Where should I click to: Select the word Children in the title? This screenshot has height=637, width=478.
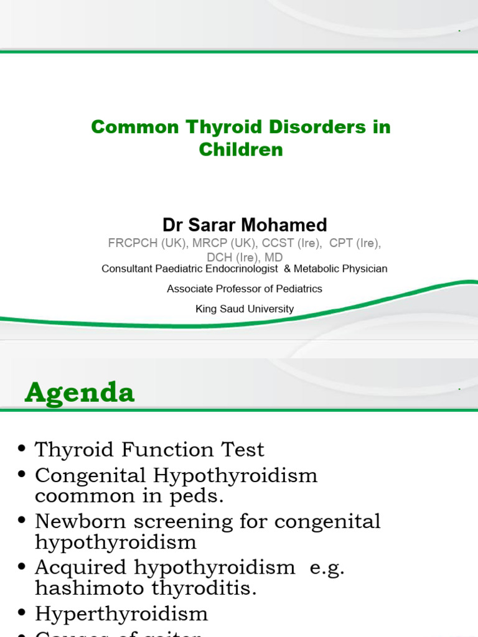241,150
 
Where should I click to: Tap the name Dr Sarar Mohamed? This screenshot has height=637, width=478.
245,225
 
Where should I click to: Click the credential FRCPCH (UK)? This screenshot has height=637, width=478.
146,243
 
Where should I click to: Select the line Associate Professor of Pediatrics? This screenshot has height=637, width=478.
245,289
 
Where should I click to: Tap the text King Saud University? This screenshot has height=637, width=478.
245,309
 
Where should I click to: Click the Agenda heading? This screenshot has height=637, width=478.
80,393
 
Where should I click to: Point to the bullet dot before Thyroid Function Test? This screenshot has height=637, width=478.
23,450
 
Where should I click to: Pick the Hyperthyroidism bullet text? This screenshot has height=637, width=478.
121,614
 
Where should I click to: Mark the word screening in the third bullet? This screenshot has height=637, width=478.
180,521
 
